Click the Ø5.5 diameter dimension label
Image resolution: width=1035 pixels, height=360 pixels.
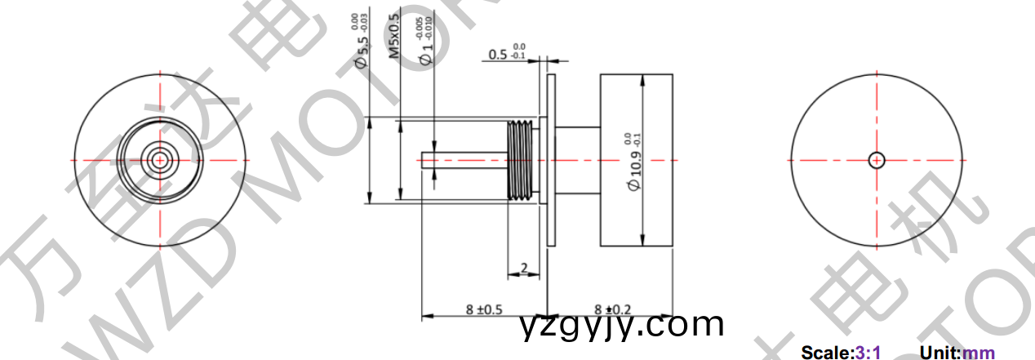[362, 51]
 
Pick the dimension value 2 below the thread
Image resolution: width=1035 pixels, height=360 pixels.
[524, 266]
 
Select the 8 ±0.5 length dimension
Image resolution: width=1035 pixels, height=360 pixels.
[483, 309]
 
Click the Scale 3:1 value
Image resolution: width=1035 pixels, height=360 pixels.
[867, 353]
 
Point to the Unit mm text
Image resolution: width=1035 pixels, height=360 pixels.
[979, 353]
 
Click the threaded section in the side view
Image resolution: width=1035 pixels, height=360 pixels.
[522, 159]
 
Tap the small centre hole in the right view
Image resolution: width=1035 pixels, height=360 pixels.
[877, 159]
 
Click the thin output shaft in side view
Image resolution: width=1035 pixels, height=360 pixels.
[461, 159]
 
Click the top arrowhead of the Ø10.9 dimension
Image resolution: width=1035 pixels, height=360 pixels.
[644, 79]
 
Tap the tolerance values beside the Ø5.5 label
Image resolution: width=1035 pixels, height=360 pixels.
[358, 23]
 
